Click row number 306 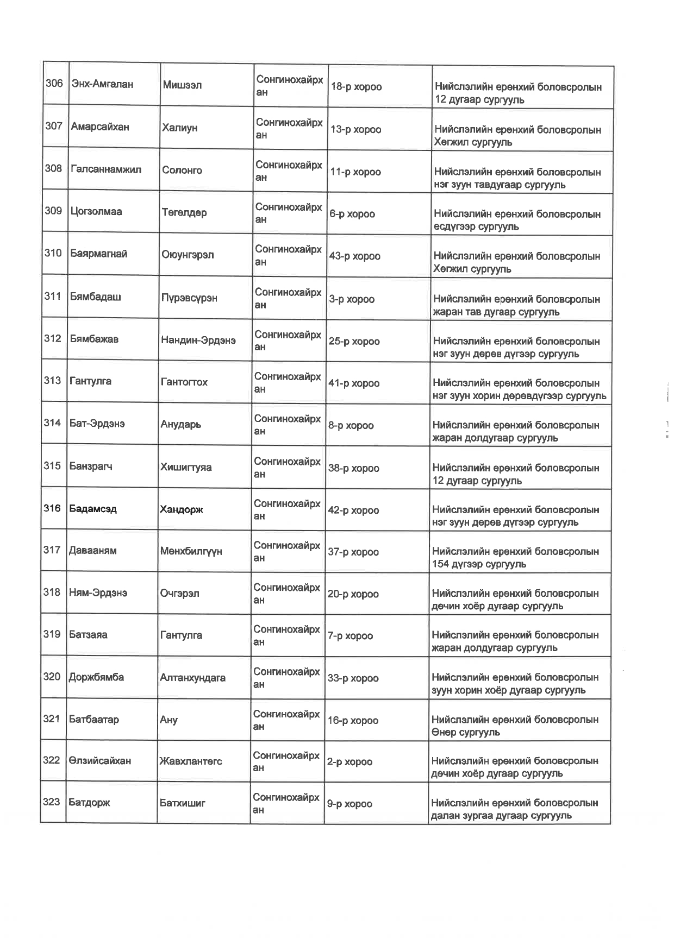click(54, 83)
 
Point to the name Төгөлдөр click(184, 212)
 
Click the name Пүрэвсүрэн click(189, 298)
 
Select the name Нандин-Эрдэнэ click(198, 341)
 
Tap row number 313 click(52, 381)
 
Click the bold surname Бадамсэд click(93, 509)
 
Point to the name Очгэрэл click(179, 594)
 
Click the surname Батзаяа click(88, 635)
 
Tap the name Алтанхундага click(192, 678)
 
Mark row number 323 click(52, 802)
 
